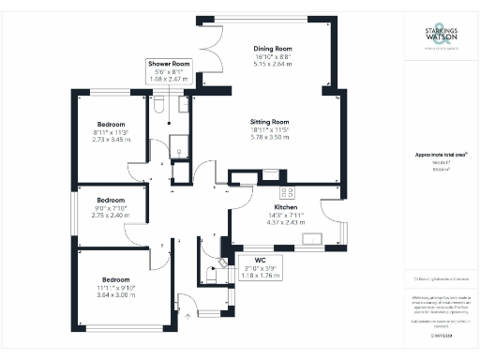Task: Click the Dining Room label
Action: click(x=273, y=49)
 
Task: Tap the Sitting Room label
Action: click(x=269, y=122)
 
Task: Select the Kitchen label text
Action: click(x=286, y=206)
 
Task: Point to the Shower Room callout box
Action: click(x=169, y=71)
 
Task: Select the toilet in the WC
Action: click(x=222, y=262)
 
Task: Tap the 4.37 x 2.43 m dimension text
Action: click(x=286, y=222)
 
